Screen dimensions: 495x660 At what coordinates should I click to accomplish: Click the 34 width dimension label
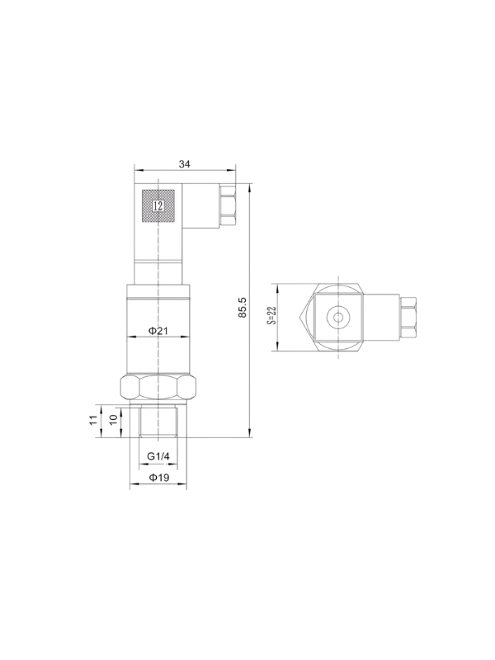coord(184,164)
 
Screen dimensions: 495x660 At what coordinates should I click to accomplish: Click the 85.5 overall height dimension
coord(242,307)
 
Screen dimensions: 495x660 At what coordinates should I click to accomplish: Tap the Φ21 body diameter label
coord(158,331)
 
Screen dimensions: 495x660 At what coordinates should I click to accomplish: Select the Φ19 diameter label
coord(159,478)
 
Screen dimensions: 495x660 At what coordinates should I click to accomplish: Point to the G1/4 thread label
coord(158,456)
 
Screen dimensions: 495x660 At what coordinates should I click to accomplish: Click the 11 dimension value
coord(93,420)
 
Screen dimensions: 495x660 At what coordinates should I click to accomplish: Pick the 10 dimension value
coord(113,420)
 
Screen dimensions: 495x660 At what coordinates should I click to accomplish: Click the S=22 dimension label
coord(271,315)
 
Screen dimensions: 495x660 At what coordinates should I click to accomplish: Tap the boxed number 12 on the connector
coord(158,206)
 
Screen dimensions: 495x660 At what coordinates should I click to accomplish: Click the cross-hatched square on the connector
coord(158,206)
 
